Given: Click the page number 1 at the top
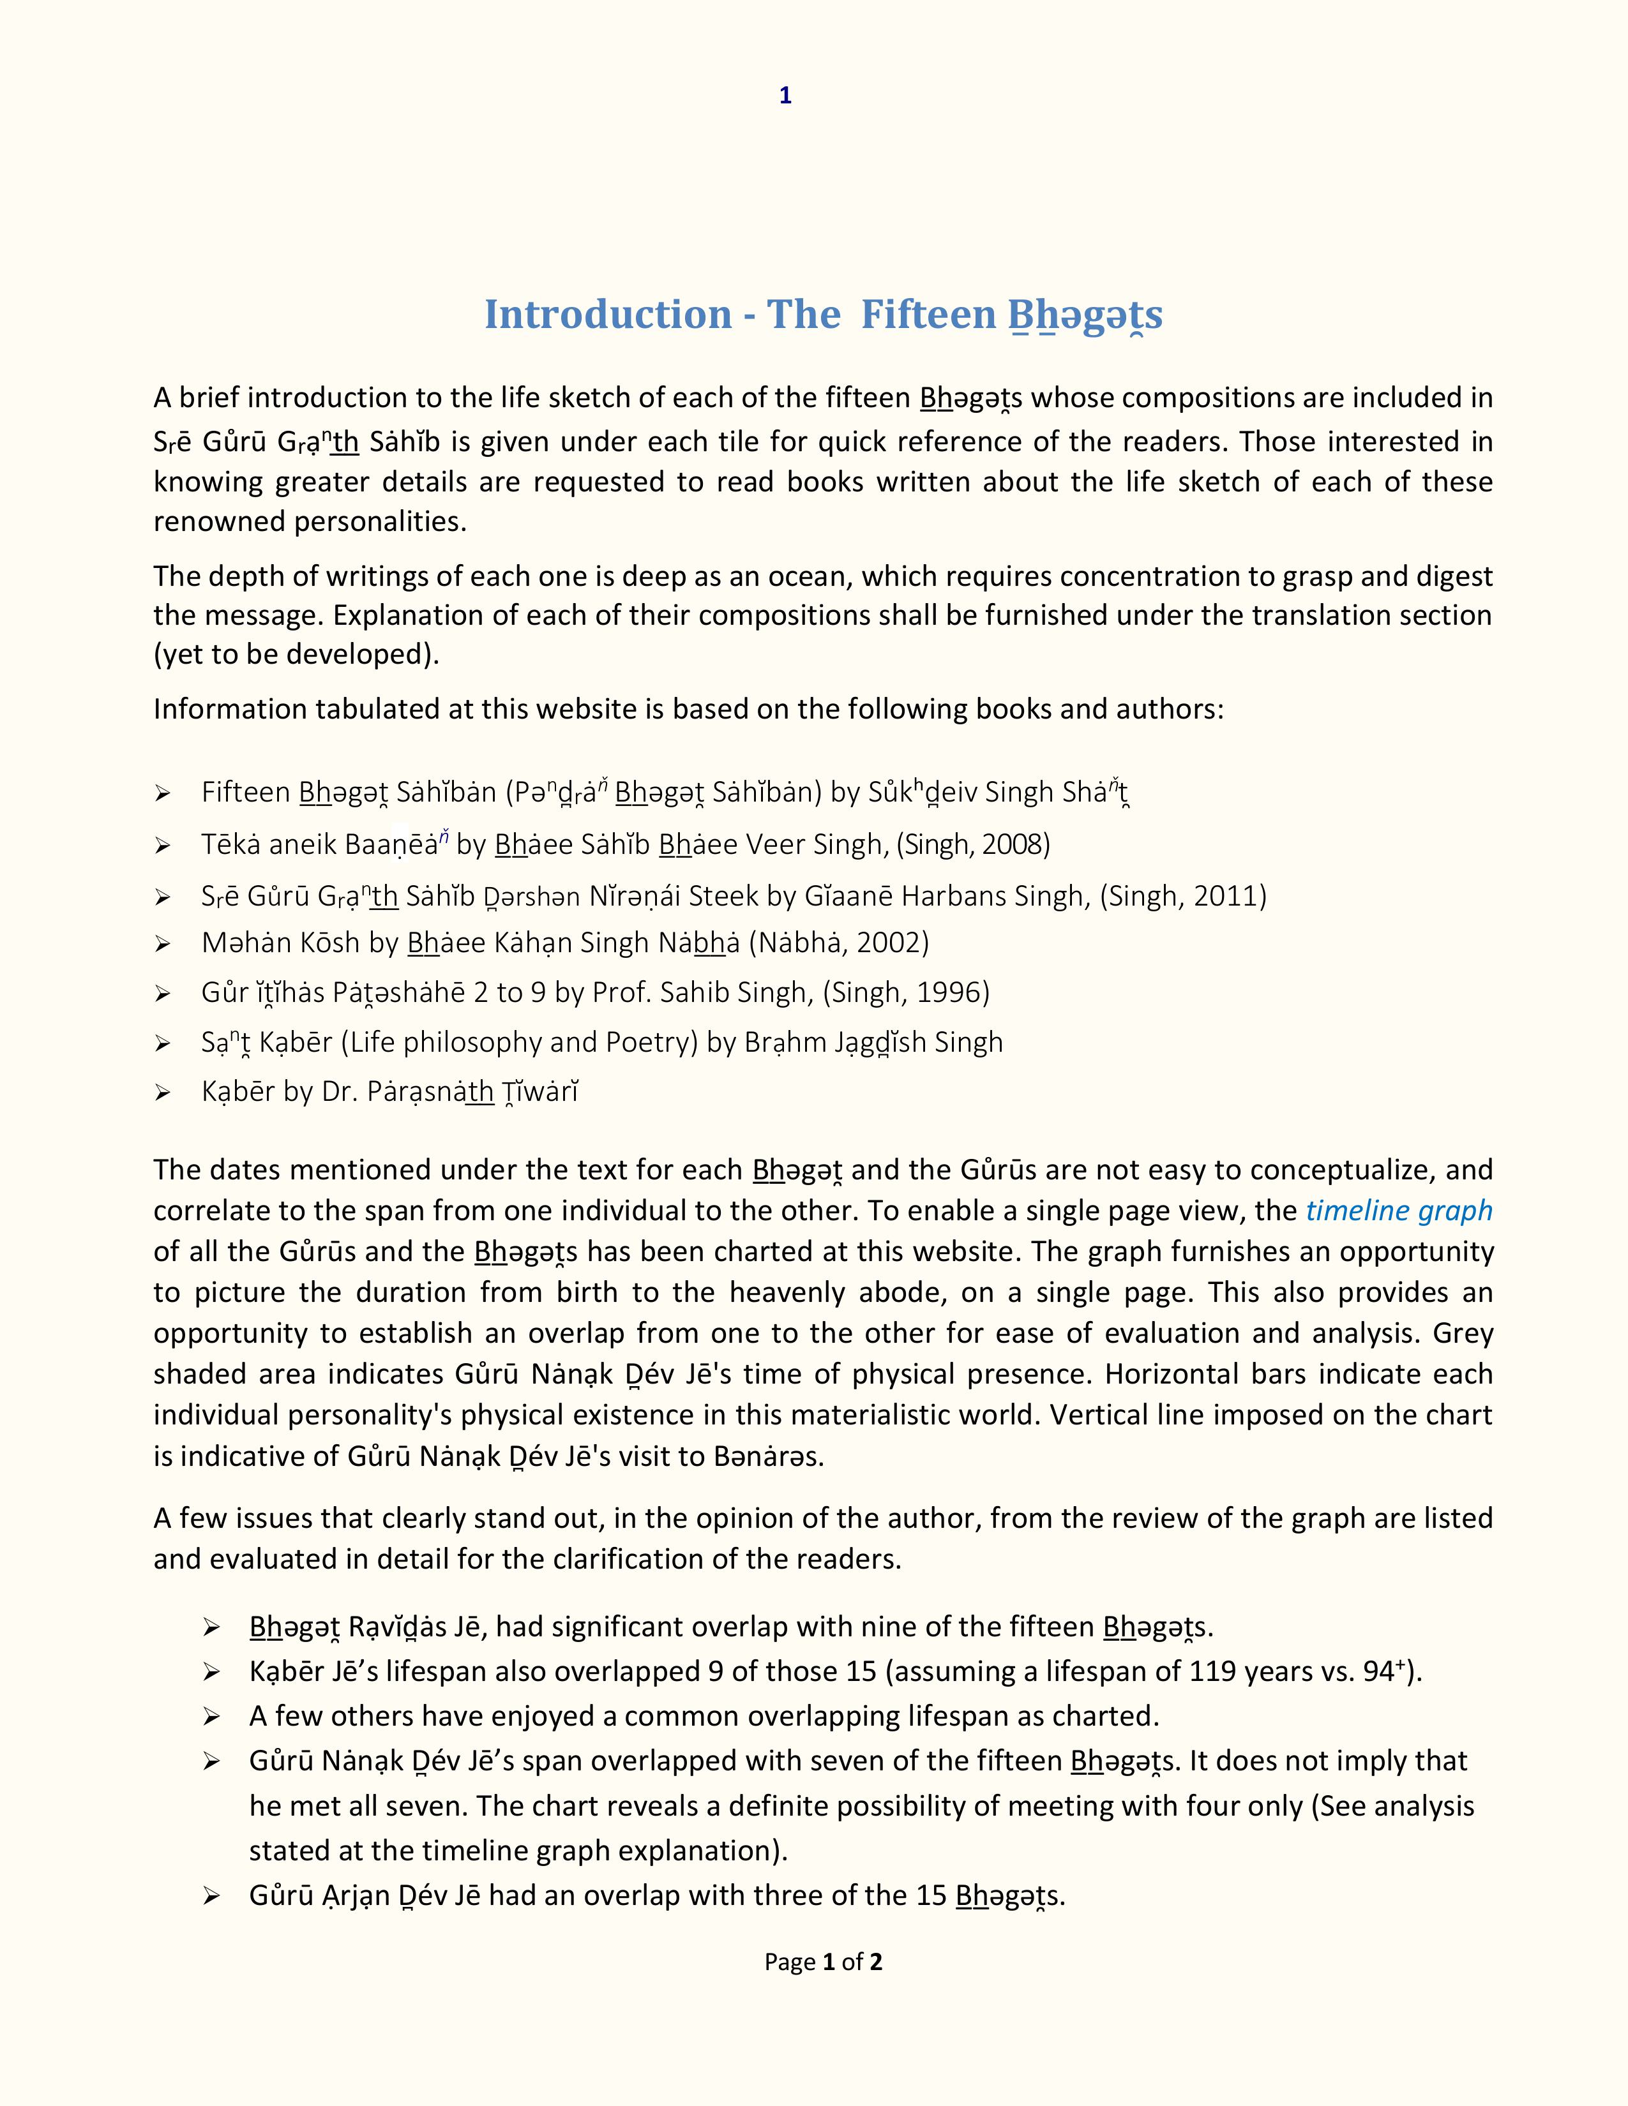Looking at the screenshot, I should tap(785, 96).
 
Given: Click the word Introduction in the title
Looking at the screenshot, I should tap(608, 315).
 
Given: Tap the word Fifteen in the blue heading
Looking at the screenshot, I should tap(928, 315).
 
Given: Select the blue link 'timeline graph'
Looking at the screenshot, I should tap(1398, 1210).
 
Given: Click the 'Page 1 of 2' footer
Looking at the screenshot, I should tap(823, 1961).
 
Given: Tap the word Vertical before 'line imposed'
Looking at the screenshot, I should tap(1104, 1415).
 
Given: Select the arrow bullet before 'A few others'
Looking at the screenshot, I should tap(211, 1717).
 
